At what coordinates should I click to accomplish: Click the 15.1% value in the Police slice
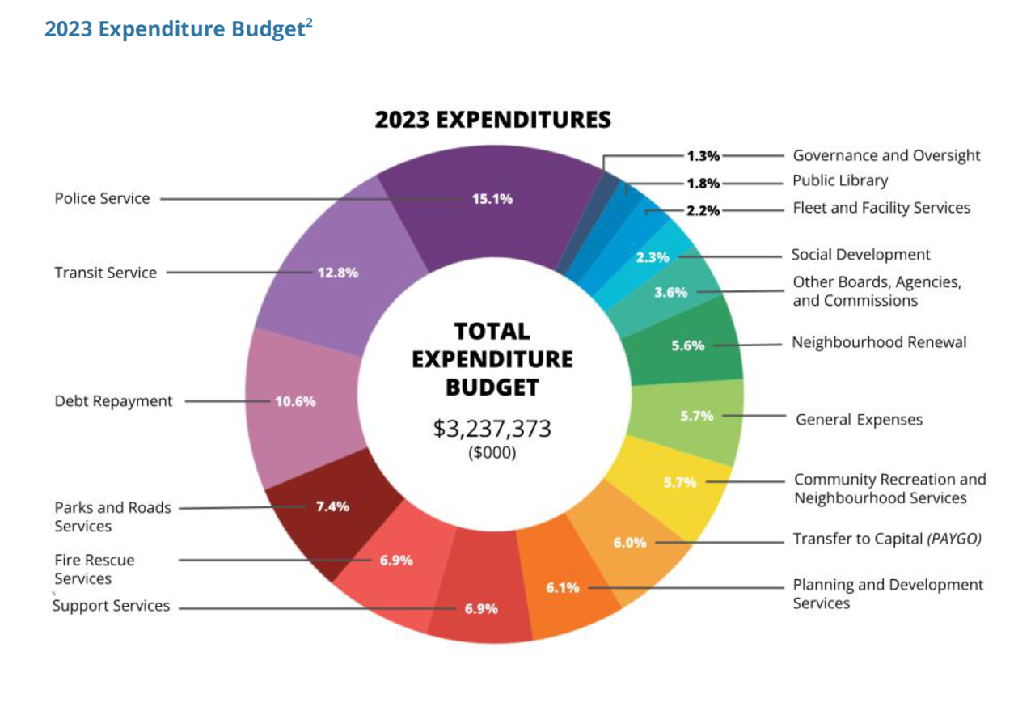pos(492,199)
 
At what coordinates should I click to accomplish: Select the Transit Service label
pos(106,273)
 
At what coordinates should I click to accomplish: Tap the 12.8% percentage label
pos(338,273)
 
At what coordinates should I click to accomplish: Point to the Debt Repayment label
pos(114,401)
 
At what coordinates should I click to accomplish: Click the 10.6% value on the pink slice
pos(295,401)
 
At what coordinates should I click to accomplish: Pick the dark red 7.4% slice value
pos(332,507)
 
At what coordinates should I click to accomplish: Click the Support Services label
pos(112,606)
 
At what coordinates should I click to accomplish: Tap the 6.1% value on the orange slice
pos(563,588)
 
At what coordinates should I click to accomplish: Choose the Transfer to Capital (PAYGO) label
pos(887,539)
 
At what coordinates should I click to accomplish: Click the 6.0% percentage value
pos(630,543)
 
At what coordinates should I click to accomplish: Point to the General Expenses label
pos(860,420)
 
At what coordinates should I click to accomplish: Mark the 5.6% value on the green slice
pos(688,345)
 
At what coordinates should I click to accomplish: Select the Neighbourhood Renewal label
pos(880,342)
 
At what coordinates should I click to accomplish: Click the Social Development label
pos(861,255)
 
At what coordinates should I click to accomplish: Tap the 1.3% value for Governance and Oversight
pos(703,156)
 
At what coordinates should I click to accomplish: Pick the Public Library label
pos(840,181)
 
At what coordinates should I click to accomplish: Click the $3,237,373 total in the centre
pos(492,428)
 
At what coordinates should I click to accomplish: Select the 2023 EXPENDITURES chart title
pos(493,121)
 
